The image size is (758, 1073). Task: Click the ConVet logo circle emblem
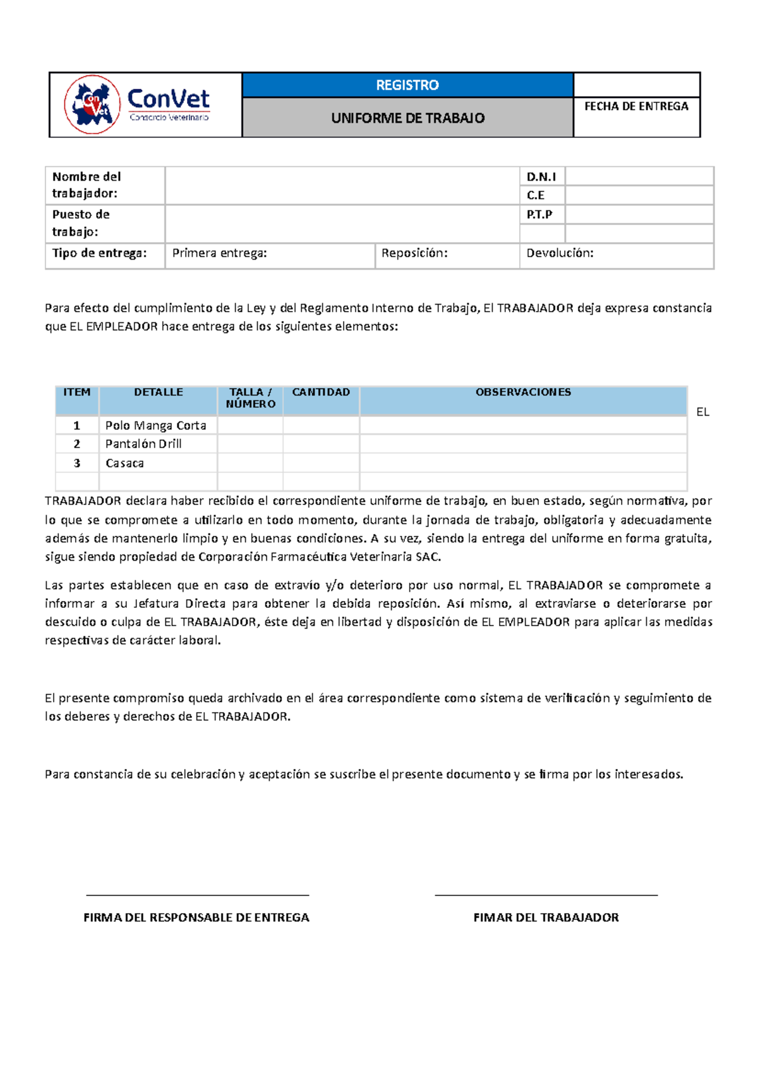point(92,105)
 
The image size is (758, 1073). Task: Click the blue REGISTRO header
point(407,85)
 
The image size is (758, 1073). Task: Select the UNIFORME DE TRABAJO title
point(407,118)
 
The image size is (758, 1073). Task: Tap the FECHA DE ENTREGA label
point(636,107)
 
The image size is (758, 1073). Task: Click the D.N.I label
point(541,177)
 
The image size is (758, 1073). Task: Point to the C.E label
point(536,195)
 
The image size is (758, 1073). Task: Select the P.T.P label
point(539,215)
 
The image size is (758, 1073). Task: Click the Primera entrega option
point(219,253)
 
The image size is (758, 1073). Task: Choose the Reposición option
point(414,253)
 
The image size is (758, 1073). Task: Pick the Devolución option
point(560,253)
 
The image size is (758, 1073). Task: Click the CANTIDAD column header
point(321,392)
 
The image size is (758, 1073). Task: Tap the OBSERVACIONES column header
point(523,392)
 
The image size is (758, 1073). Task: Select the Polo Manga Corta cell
point(155,425)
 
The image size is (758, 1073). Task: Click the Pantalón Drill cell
point(143,444)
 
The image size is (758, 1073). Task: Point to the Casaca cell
point(124,463)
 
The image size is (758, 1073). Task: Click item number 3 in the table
point(77,463)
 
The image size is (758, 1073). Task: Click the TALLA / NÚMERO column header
point(250,398)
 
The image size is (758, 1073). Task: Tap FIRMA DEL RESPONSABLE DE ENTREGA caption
point(196,918)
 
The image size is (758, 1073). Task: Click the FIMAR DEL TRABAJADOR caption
point(546,918)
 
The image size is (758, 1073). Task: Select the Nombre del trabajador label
point(87,185)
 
